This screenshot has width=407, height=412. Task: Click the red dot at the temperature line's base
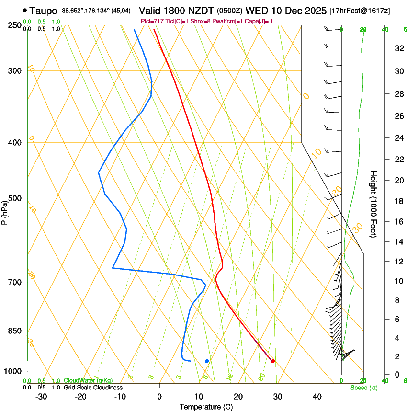(x=273, y=361)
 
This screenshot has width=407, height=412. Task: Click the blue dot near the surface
(x=207, y=361)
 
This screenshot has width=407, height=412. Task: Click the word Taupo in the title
(x=43, y=11)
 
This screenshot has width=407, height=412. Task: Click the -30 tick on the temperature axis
(x=41, y=396)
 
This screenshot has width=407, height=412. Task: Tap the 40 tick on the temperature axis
(x=317, y=396)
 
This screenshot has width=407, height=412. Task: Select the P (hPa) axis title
(x=5, y=211)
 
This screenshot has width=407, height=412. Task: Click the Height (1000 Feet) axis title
(x=374, y=204)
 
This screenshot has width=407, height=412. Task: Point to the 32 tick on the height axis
(x=397, y=48)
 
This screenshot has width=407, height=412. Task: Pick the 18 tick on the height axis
(x=397, y=201)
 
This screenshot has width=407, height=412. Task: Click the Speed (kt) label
(x=363, y=388)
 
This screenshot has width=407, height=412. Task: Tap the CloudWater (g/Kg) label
(x=82, y=381)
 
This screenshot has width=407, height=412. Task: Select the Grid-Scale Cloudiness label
(x=93, y=388)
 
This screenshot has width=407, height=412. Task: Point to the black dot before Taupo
(x=24, y=10)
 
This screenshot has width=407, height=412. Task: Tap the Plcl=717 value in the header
(x=152, y=21)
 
